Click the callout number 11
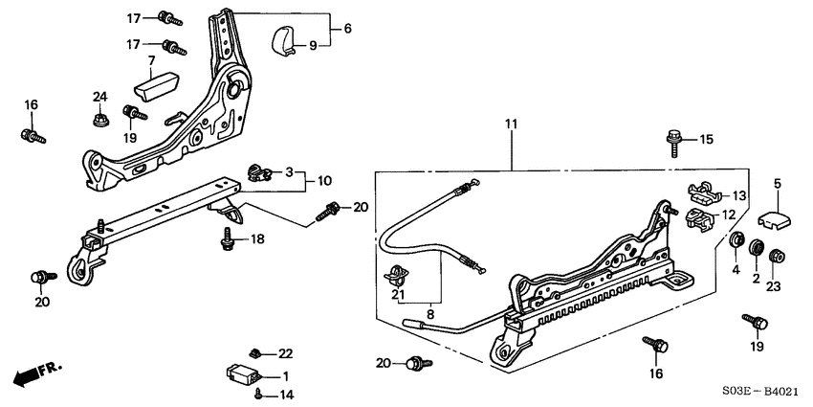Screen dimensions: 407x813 pyautogui.click(x=511, y=125)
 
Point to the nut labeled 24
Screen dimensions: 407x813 pyautogui.click(x=100, y=121)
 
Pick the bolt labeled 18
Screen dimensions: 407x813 pyautogui.click(x=228, y=239)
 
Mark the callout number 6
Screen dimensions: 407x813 pyautogui.click(x=347, y=30)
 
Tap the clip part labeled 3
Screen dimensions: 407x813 pyautogui.click(x=254, y=172)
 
